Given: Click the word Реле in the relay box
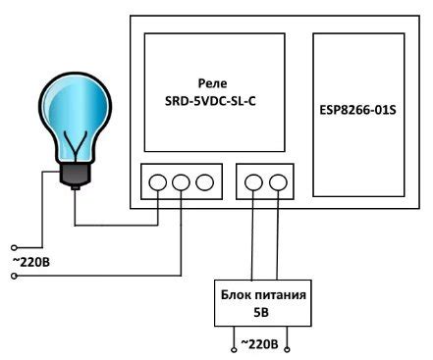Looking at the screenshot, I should [213, 84].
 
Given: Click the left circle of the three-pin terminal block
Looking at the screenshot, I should [158, 181].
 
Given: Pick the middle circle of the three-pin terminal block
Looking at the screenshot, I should [181, 181].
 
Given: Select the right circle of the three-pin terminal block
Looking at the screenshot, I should [203, 181].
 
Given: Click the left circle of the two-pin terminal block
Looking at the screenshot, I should [253, 181].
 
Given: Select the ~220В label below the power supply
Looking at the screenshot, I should [261, 344].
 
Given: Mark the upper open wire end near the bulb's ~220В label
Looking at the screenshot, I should [13, 246].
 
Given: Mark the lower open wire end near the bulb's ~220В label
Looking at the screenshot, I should [13, 277].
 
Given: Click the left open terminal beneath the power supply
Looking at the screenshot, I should [234, 345].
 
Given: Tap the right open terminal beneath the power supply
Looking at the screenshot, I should [289, 345].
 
